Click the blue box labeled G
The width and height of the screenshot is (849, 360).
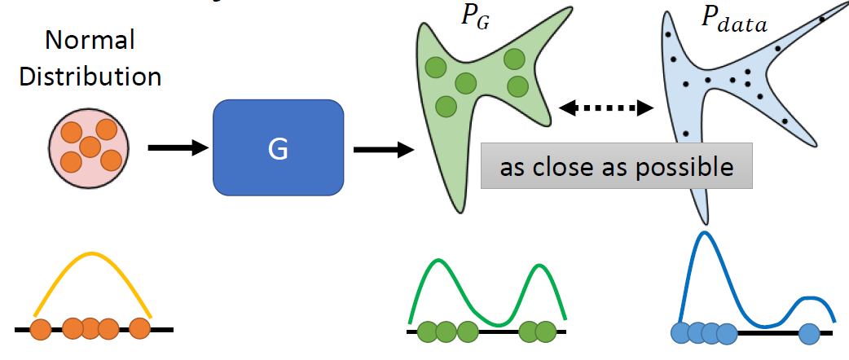pyautogui.click(x=277, y=147)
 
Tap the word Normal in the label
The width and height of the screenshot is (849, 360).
pyautogui.click(x=90, y=41)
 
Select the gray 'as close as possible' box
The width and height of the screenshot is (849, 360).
pyautogui.click(x=615, y=167)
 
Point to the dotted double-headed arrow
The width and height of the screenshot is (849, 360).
pyautogui.click(x=608, y=106)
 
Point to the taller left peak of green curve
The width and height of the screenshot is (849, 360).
pyautogui.click(x=438, y=261)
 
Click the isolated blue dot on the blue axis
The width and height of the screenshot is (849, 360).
pyautogui.click(x=809, y=332)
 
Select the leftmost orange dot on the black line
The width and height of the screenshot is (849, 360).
pyautogui.click(x=41, y=329)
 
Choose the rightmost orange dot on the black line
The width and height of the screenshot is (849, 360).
pyautogui.click(x=140, y=329)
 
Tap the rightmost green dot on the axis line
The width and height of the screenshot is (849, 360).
pyautogui.click(x=547, y=331)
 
